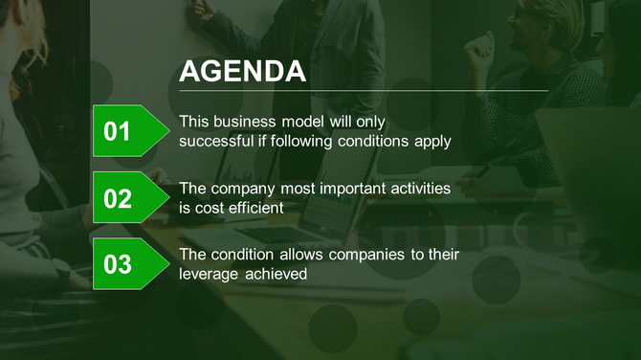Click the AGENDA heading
pyautogui.click(x=243, y=72)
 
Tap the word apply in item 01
pyautogui.click(x=432, y=142)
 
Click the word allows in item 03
pyautogui.click(x=302, y=255)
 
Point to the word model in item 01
pyautogui.click(x=303, y=122)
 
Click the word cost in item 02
pyautogui.click(x=210, y=207)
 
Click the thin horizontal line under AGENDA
pyautogui.click(x=364, y=91)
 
